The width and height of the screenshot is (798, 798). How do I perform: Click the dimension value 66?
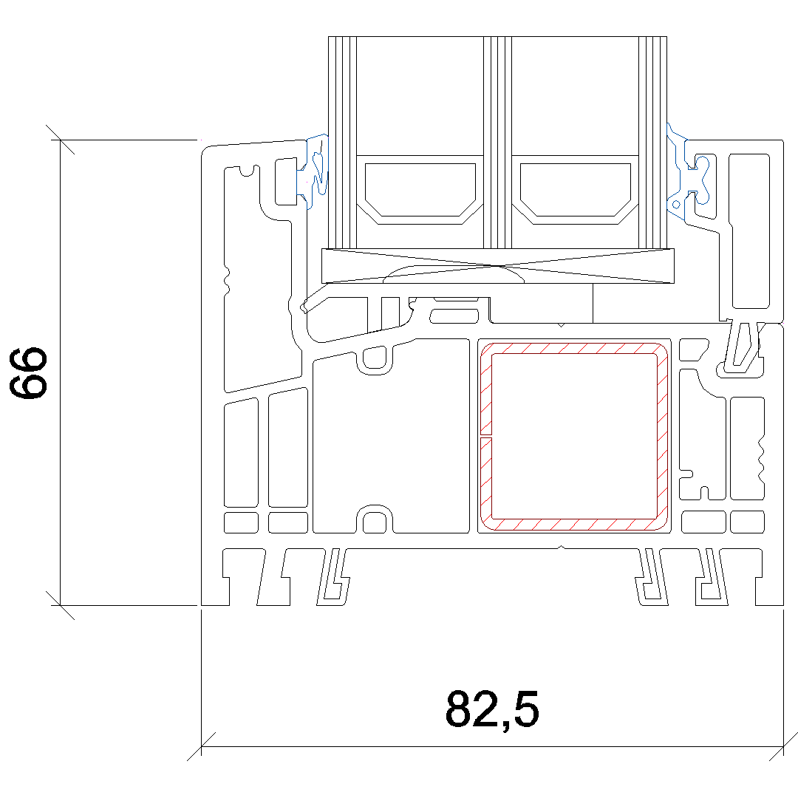tap(29, 373)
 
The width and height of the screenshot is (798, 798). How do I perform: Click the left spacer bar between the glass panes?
tap(420, 190)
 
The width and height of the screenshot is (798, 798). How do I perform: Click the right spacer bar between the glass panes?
tap(575, 190)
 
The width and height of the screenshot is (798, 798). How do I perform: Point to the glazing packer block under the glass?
tap(498, 266)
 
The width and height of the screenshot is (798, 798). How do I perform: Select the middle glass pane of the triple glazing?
tap(497, 143)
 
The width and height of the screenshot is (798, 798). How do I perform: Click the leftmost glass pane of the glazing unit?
tap(342, 143)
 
